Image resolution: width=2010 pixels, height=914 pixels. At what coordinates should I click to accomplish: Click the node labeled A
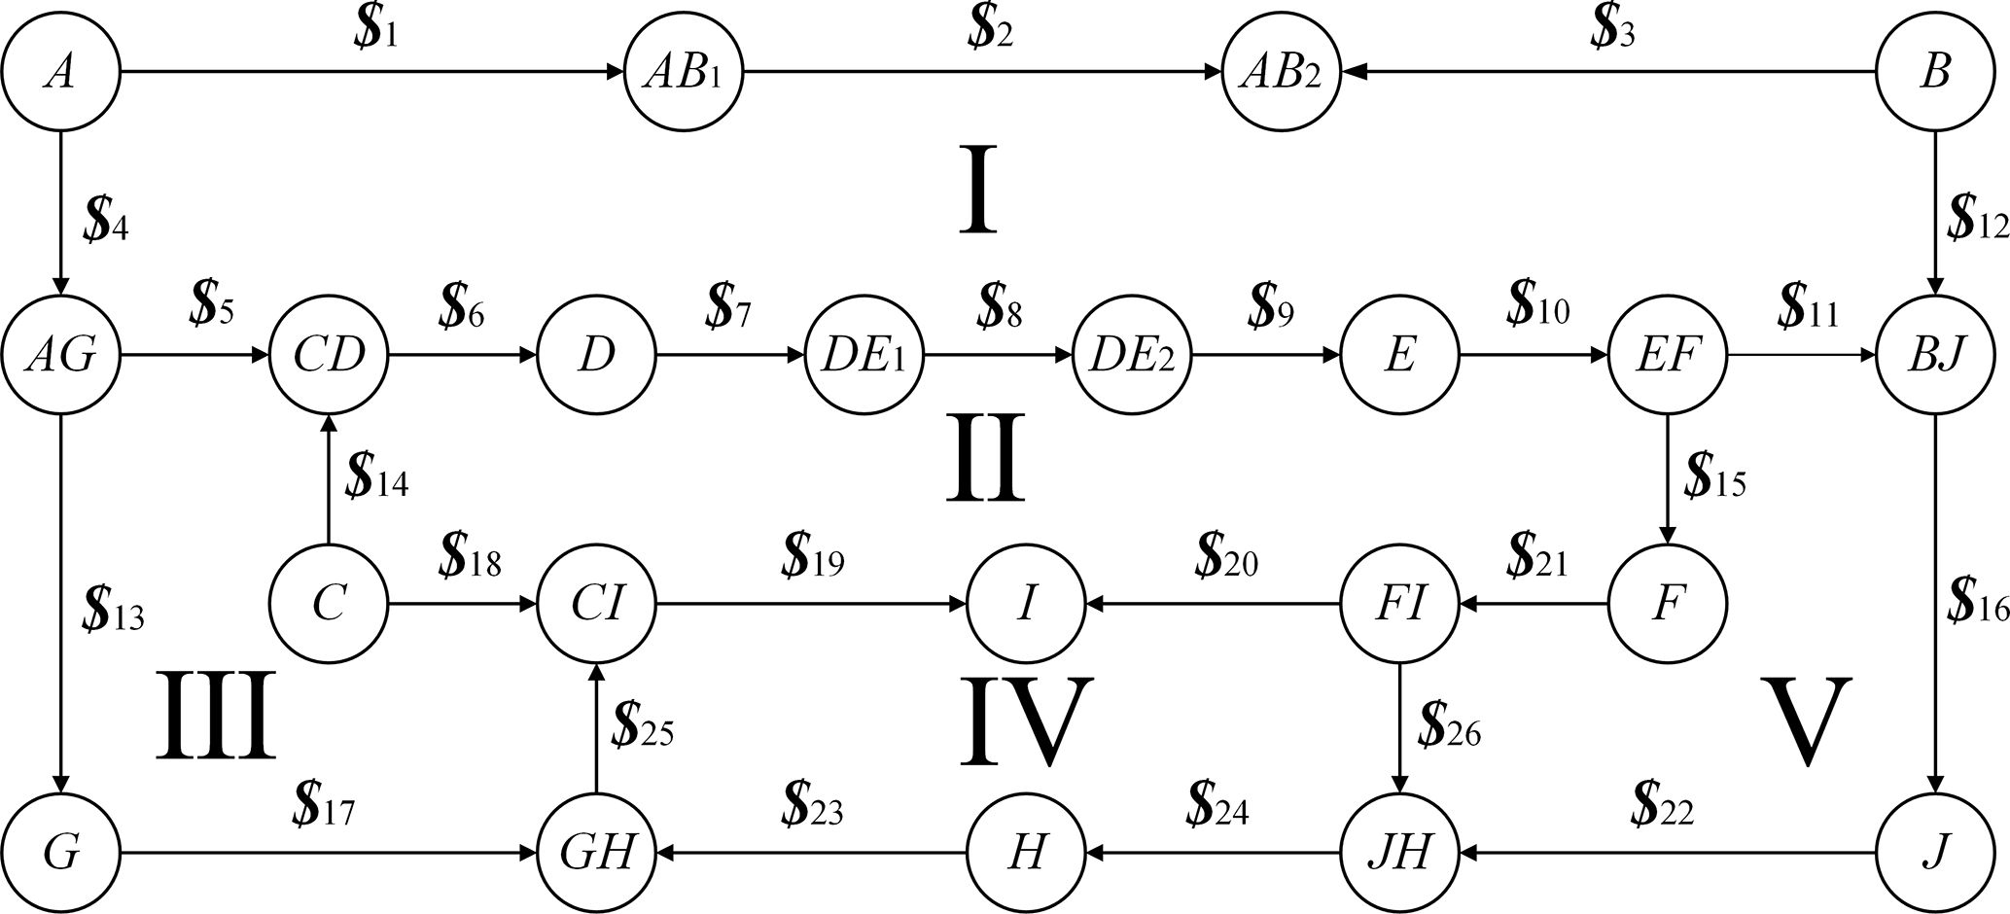coord(60,72)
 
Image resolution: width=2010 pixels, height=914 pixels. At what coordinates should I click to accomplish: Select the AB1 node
coord(684,72)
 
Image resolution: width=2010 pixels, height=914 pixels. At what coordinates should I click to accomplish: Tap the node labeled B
coord(1934,72)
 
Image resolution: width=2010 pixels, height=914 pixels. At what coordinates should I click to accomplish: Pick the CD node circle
coord(329,356)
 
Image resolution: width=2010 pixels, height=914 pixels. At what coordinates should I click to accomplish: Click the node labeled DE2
coord(1133,356)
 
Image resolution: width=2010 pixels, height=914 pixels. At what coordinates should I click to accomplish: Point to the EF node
coord(1668,356)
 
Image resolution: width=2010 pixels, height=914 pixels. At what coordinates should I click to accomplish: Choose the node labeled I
coord(1026,605)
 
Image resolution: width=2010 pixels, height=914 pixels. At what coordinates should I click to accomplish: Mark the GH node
coord(597,854)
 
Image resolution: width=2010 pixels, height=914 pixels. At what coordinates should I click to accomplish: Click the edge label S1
coord(375,33)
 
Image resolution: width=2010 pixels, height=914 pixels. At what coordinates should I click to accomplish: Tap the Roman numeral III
coord(216,715)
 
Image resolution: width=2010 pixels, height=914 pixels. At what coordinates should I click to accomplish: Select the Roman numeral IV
coord(1026,720)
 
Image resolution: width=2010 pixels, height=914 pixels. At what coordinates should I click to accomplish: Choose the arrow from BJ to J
coord(1934,603)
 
